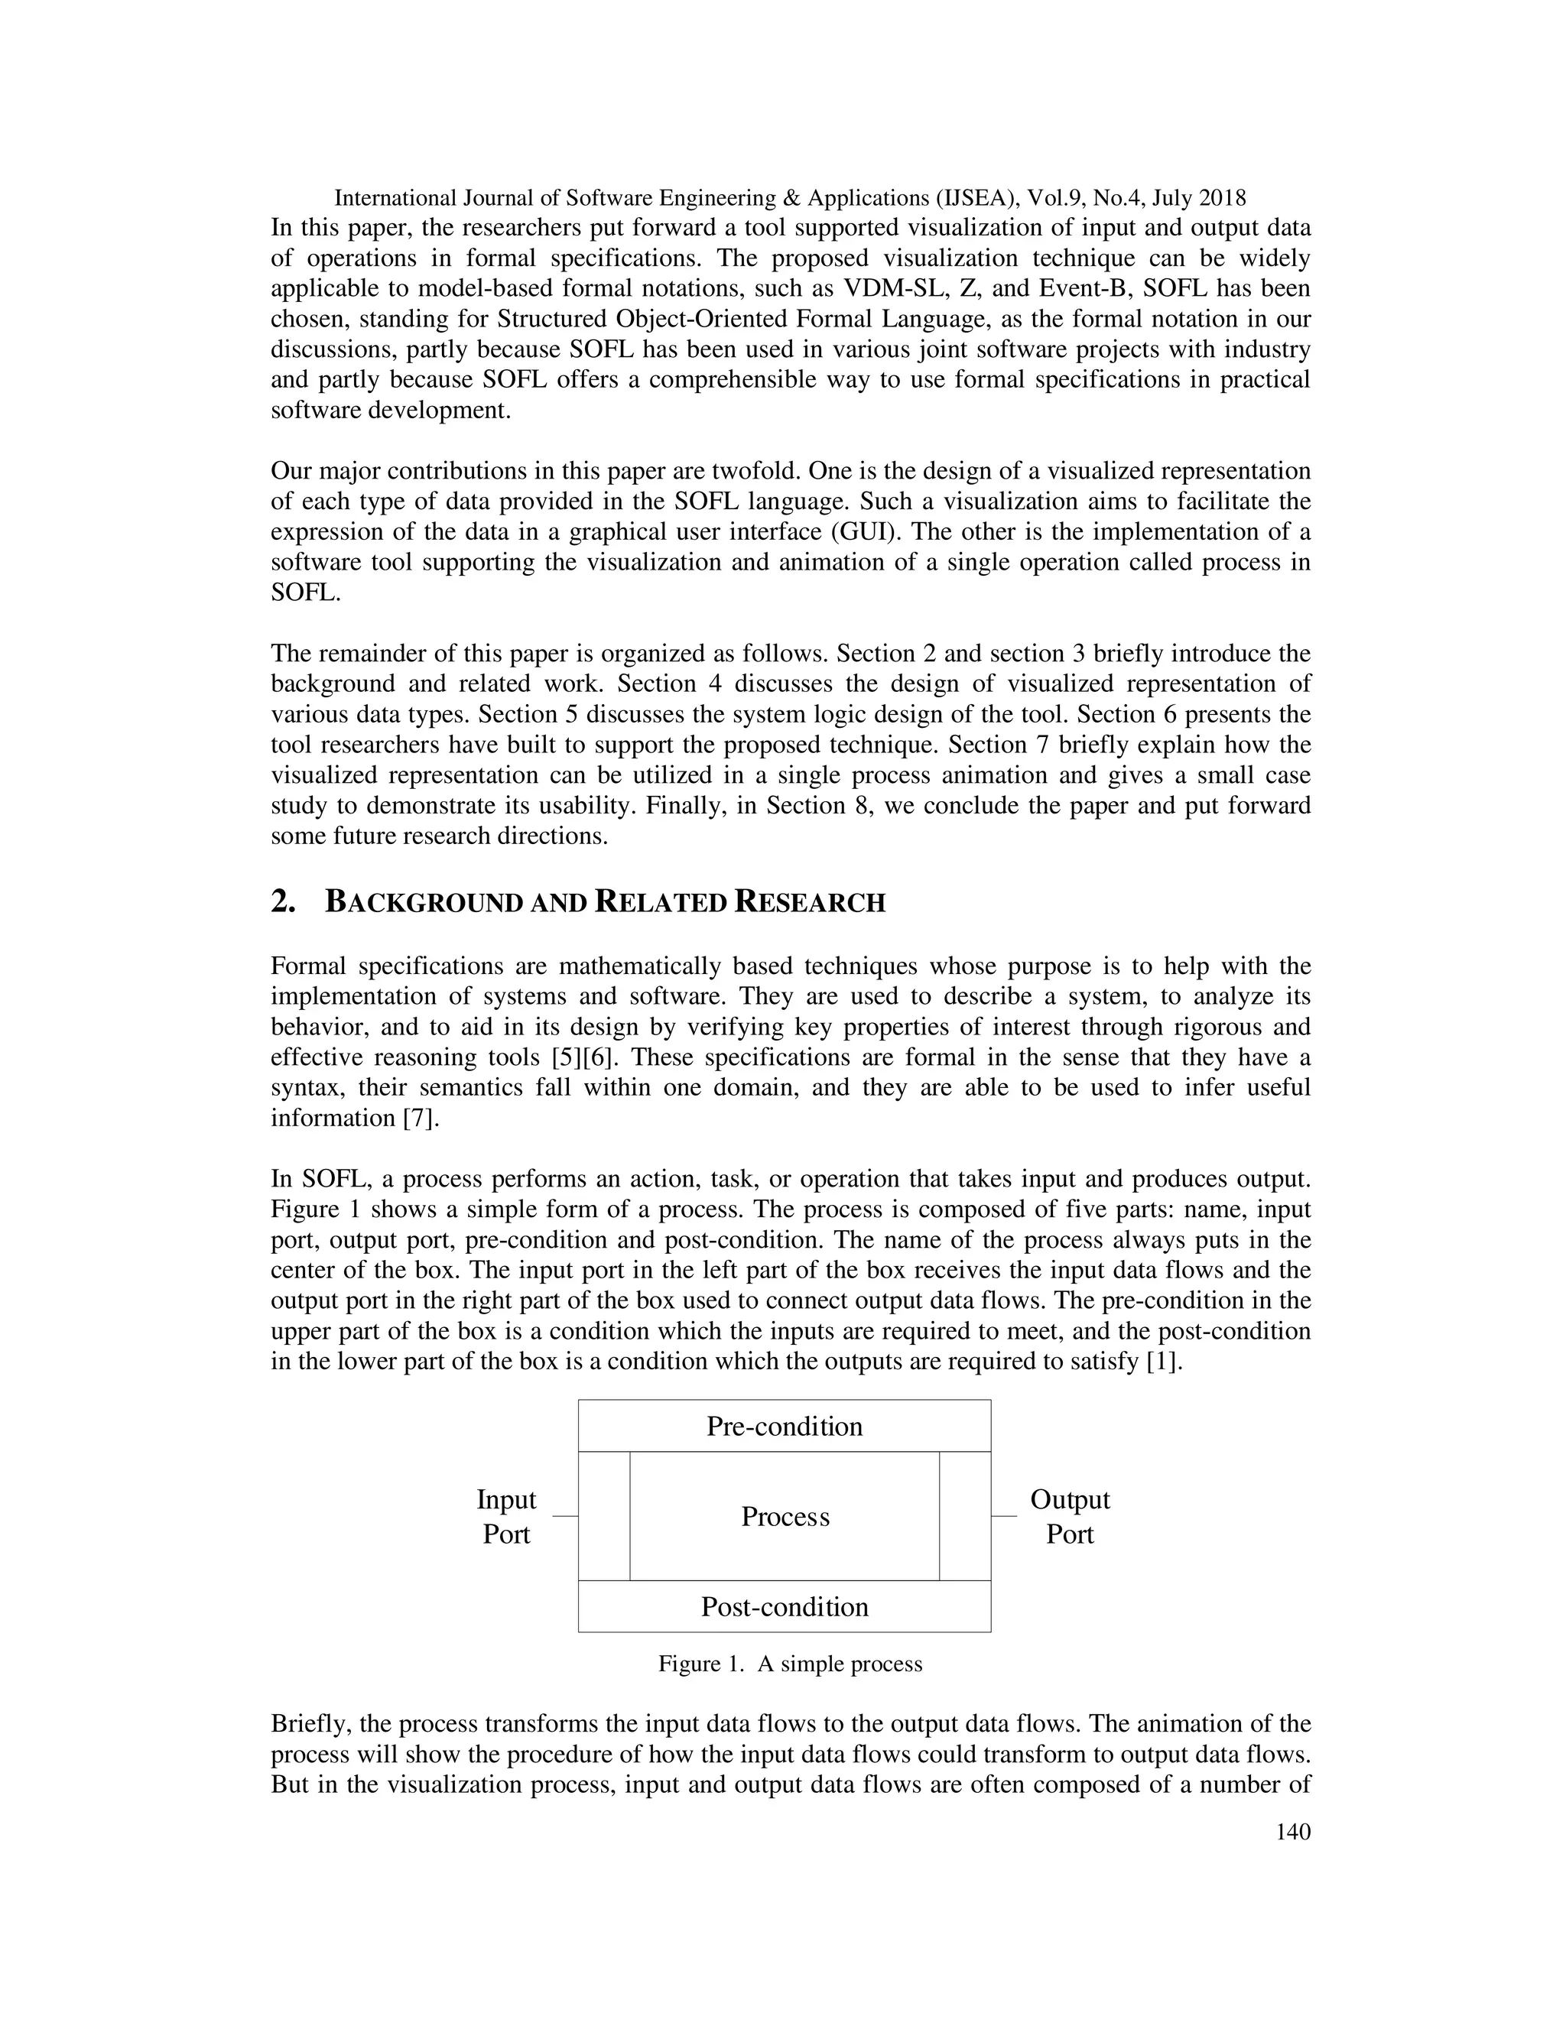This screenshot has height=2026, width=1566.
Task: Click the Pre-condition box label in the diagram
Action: tap(784, 1426)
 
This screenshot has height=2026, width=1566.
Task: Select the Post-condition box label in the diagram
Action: tap(784, 1607)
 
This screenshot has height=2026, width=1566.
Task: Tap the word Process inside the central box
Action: tap(785, 1517)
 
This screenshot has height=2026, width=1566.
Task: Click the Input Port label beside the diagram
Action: tap(506, 1517)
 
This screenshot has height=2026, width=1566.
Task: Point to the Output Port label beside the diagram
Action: tap(1070, 1517)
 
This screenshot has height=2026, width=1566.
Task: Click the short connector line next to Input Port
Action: tap(565, 1516)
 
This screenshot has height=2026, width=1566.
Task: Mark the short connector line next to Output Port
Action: tap(1004, 1516)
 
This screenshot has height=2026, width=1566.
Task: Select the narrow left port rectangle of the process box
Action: tap(604, 1516)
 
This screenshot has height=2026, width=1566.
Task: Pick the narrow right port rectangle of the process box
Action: tap(965, 1516)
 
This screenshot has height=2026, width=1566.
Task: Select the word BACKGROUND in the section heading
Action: tap(424, 903)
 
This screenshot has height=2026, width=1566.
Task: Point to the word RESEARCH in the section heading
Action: tap(810, 903)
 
